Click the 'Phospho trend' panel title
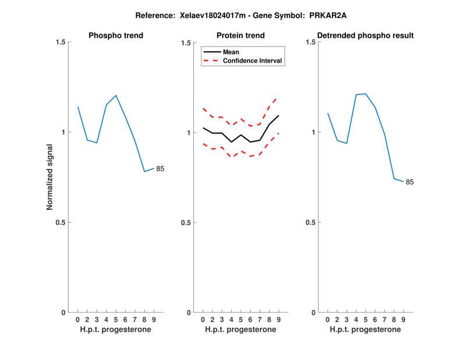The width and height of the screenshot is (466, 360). [x=116, y=36]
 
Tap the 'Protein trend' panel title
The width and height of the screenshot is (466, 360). [x=241, y=36]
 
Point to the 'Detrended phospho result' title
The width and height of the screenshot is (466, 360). [x=365, y=36]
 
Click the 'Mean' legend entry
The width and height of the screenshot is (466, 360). [x=231, y=52]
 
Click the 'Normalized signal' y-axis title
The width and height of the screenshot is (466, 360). [x=50, y=178]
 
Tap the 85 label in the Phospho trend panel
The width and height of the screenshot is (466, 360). [x=160, y=169]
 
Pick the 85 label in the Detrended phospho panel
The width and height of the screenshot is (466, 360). [x=409, y=182]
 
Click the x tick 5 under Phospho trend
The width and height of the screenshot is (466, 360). [x=116, y=319]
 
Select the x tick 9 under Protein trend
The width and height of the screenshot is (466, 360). [x=278, y=319]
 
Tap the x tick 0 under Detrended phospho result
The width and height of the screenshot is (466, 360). [x=327, y=319]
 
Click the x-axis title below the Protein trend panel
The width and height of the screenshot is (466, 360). [x=241, y=329]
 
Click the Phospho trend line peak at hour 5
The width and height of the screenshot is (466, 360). [x=116, y=95]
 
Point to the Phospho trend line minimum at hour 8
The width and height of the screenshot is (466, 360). [x=144, y=171]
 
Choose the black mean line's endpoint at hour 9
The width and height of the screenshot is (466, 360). [x=278, y=115]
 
